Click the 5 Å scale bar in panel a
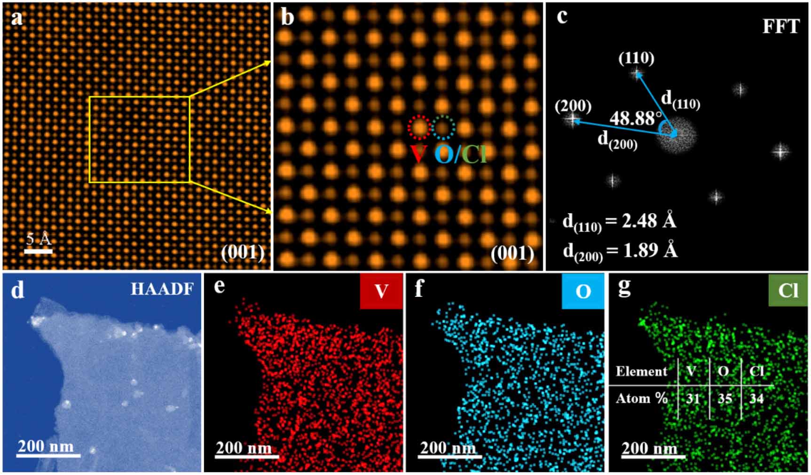coord(38,251)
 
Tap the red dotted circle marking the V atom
coord(419,127)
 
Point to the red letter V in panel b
coord(418,154)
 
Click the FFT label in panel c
coord(780,26)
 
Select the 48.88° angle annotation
coord(635,118)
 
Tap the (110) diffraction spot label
coord(636,58)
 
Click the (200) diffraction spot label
coord(573,106)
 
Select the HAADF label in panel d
coord(162,289)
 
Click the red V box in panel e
coord(381,291)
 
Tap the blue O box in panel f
coord(583,291)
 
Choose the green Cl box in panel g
coord(788,290)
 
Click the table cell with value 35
coord(724,399)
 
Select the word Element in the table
coord(641,371)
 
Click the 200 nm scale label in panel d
coord(46,445)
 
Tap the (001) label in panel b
coord(512,254)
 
